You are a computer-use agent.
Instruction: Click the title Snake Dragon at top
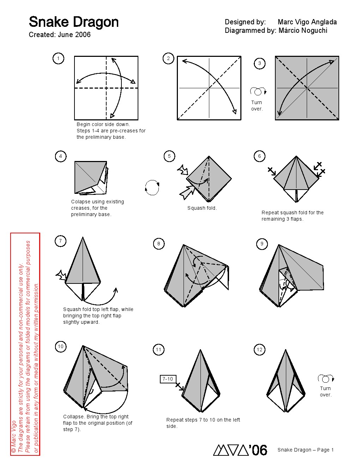73,22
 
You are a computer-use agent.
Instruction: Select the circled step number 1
58,58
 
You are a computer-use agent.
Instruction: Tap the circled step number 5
169,156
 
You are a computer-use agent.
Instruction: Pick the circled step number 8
158,244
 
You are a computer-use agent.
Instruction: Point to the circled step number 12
259,349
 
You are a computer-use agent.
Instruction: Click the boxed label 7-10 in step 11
168,379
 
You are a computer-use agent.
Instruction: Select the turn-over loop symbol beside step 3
258,91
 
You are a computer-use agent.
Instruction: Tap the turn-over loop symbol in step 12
325,378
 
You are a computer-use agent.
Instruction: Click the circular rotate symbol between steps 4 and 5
152,187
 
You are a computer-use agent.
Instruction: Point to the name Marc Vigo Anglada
307,22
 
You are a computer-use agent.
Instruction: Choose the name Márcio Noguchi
303,31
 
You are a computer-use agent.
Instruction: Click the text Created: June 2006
60,35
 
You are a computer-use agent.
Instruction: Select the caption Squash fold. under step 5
202,208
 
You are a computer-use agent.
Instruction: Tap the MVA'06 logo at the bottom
240,450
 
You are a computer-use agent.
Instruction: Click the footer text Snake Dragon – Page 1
305,450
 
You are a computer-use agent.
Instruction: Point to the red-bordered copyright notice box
25,344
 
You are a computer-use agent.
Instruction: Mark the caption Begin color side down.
103,124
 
